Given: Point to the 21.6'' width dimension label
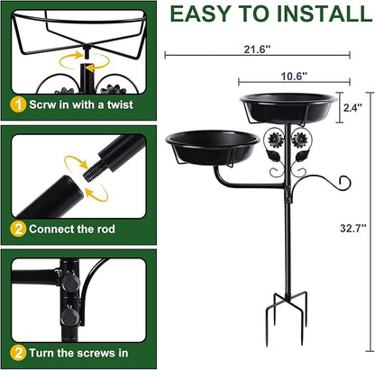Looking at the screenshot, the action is coord(257,49).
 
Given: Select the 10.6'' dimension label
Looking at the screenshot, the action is coord(294,77).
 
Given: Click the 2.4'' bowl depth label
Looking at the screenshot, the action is coord(352,107).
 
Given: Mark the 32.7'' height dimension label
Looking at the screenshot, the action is coord(353,228).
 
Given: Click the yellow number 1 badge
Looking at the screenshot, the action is coord(18,105).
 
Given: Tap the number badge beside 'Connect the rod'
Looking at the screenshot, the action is coord(18,230).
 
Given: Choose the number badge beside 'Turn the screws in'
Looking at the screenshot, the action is coord(18,353).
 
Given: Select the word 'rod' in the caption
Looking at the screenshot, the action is coord(105,229).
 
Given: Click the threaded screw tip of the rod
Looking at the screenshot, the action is coord(92,171).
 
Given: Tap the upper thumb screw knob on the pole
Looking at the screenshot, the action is coord(71,283).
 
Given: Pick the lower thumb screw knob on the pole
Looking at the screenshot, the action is coord(70,317).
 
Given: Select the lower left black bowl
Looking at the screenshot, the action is coord(213,147).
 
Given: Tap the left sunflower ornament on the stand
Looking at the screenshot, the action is coord(275,139).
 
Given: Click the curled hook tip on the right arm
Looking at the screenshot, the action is coord(345,182).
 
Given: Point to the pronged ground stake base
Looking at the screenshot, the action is coord(287,317).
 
